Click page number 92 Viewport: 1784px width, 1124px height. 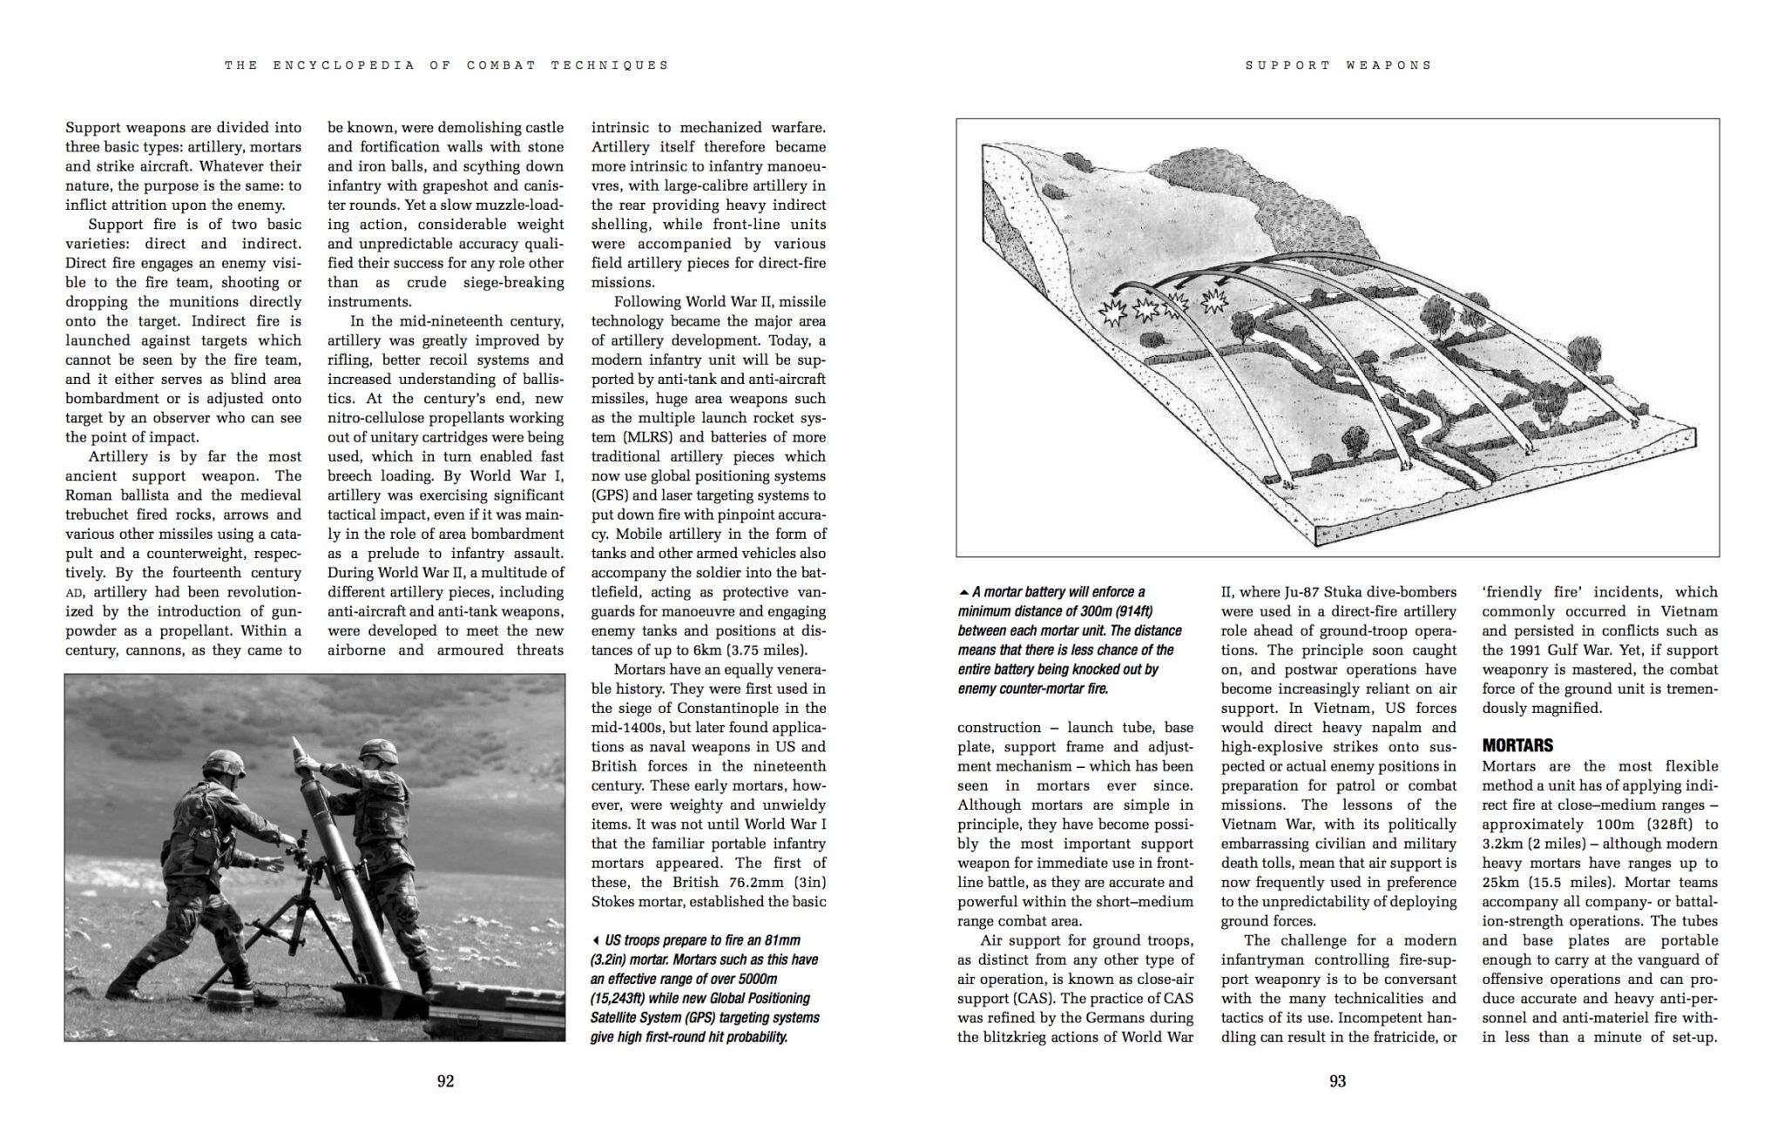point(445,1081)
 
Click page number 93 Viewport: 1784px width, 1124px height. point(1337,1081)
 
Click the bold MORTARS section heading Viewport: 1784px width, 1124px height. point(1517,745)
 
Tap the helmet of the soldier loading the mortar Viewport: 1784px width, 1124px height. point(380,750)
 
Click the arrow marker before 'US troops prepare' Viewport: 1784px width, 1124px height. point(595,940)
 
